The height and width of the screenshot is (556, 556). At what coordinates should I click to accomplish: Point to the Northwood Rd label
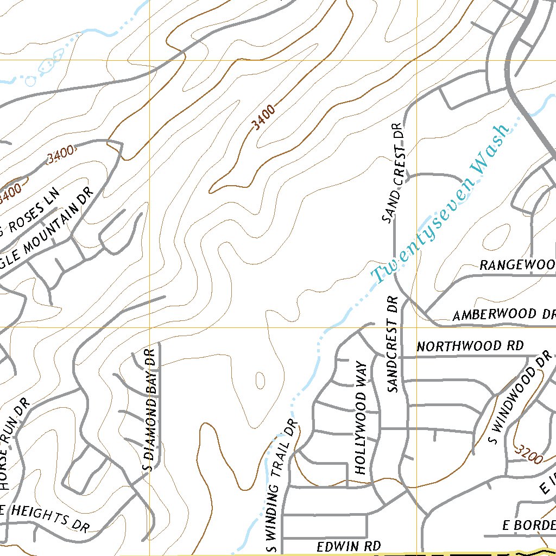[x=470, y=346]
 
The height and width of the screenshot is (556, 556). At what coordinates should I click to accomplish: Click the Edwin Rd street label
[x=349, y=546]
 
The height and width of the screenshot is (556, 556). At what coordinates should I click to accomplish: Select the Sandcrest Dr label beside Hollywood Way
[x=394, y=344]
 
